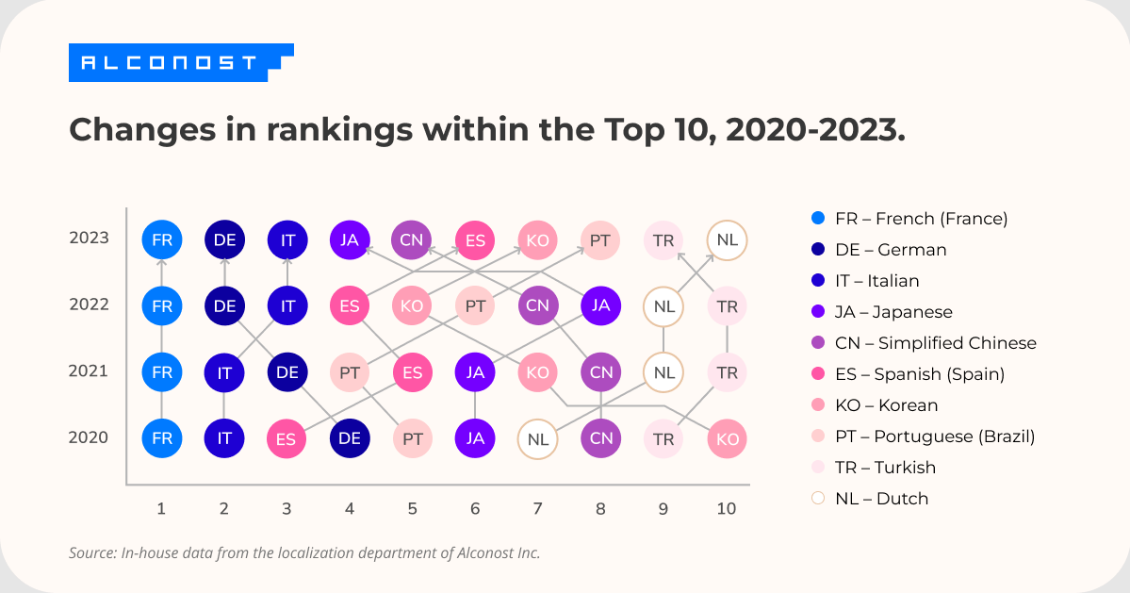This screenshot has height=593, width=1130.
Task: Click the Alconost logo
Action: (x=175, y=62)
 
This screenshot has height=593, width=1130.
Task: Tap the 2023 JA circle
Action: (x=350, y=239)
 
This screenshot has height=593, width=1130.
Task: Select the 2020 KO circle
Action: (x=727, y=438)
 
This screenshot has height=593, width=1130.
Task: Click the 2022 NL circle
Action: (x=663, y=306)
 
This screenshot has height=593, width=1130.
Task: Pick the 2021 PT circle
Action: (x=350, y=372)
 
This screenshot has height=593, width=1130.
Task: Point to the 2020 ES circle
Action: (x=287, y=438)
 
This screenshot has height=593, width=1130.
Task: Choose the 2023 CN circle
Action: (x=412, y=239)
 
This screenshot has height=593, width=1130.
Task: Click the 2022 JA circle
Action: (x=600, y=305)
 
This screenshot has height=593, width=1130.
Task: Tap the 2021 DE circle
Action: (x=287, y=372)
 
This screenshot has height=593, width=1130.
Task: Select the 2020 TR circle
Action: (x=663, y=438)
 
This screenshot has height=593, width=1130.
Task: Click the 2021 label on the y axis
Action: (x=90, y=371)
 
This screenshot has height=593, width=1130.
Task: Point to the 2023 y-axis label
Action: (x=90, y=238)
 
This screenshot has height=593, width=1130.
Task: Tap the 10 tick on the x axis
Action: (x=726, y=509)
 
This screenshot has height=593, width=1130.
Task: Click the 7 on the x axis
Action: (x=537, y=509)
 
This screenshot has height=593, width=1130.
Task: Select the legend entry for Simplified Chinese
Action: (x=924, y=343)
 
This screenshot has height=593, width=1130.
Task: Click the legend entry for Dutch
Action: (x=880, y=499)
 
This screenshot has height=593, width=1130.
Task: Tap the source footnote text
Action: (x=304, y=552)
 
